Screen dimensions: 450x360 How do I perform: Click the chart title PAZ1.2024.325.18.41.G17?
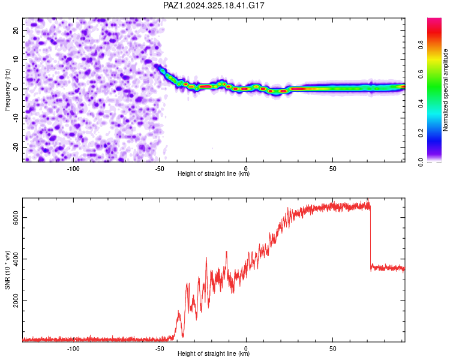(214, 5)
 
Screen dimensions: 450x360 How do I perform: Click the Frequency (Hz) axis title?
(7, 90)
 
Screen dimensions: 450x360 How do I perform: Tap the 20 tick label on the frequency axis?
(16, 30)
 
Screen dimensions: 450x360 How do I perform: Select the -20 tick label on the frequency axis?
(16, 147)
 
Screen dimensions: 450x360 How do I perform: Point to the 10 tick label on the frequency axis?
(16, 59)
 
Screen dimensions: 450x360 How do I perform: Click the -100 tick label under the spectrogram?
(73, 169)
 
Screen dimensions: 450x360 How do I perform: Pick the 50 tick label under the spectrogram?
(332, 169)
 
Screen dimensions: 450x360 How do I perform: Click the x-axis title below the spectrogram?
(214, 173)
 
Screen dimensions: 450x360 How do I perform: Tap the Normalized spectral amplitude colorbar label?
(445, 90)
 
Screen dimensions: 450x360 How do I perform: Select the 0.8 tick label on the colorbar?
(421, 45)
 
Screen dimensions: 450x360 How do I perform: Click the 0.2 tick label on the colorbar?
(421, 133)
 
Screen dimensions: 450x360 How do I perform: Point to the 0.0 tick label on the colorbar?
(421, 163)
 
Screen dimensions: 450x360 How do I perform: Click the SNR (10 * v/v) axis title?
(7, 270)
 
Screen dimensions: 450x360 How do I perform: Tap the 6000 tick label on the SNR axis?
(16, 218)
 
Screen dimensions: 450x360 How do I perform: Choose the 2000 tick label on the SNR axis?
(16, 301)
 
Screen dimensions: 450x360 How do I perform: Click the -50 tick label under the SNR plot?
(160, 349)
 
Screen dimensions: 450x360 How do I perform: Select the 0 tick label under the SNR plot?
(246, 349)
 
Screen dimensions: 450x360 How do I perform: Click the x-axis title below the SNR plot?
(214, 353)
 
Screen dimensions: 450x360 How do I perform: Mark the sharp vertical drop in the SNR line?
(371, 238)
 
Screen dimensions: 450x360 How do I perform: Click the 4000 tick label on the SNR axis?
(16, 259)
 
